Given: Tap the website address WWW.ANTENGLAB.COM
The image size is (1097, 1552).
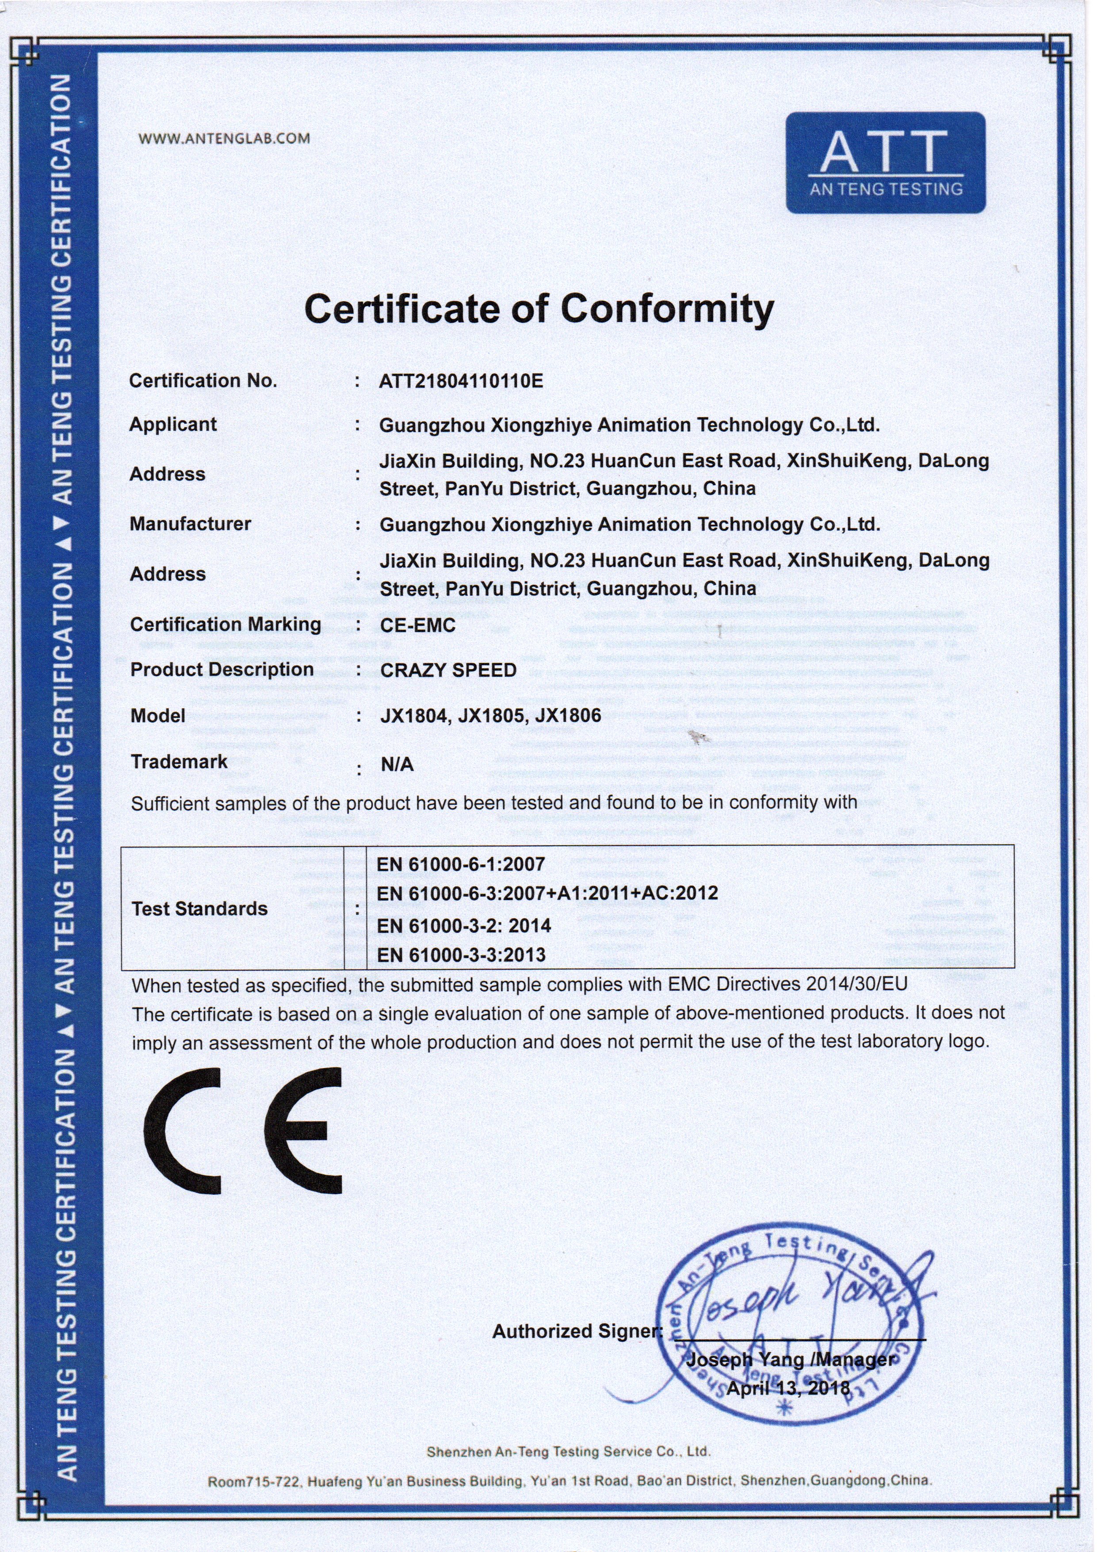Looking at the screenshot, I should [x=225, y=138].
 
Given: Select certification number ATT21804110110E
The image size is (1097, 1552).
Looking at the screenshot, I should [x=461, y=381].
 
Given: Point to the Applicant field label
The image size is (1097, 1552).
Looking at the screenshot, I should [x=173, y=425].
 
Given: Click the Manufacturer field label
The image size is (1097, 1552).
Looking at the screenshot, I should [x=190, y=524].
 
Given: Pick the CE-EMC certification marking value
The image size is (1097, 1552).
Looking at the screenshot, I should [x=418, y=625].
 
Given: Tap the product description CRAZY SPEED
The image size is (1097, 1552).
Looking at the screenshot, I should [x=448, y=670].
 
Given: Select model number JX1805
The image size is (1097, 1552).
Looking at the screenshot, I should [x=491, y=715].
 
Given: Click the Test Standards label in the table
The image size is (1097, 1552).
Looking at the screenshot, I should [x=199, y=908].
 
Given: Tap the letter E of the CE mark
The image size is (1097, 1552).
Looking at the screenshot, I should [x=305, y=1130].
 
